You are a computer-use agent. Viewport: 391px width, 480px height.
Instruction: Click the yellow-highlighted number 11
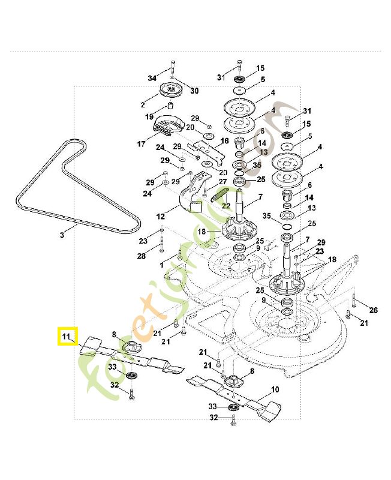[x=67, y=336]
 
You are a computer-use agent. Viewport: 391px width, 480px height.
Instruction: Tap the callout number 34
[x=152, y=79]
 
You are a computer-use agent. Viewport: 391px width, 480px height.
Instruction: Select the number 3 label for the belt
[x=62, y=236]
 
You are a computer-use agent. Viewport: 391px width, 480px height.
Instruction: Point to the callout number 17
[x=142, y=144]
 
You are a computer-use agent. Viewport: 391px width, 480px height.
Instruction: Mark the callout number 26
[x=374, y=310]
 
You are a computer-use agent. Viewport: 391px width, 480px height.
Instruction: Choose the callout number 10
[x=275, y=389]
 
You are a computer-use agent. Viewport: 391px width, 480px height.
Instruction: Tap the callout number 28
[x=142, y=256]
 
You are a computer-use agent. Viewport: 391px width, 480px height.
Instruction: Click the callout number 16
[x=225, y=141]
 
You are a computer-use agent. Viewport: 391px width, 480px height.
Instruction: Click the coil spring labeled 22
[x=221, y=193]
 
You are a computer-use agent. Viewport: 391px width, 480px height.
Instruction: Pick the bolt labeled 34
[x=172, y=67]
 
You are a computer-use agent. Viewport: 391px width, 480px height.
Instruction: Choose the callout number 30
[x=194, y=91]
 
